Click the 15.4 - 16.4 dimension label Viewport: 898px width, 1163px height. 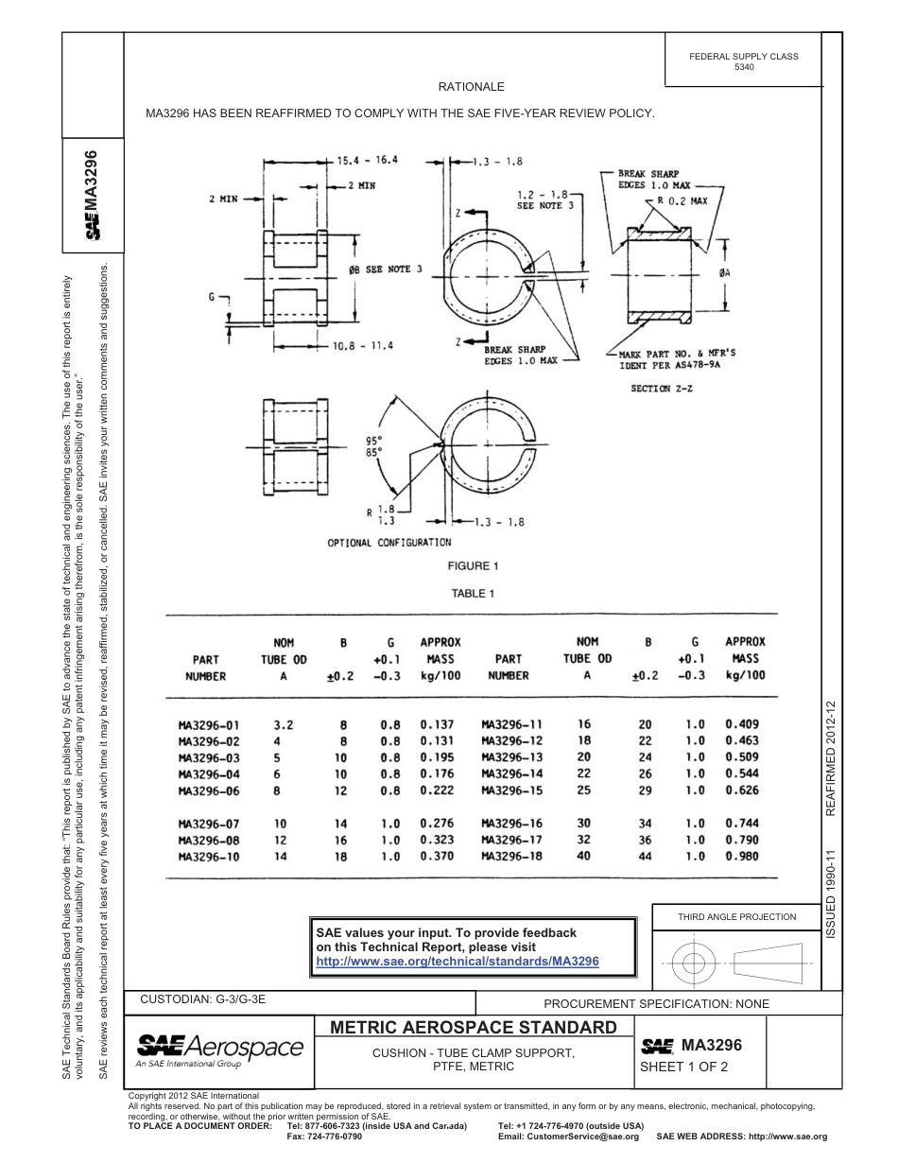(x=368, y=160)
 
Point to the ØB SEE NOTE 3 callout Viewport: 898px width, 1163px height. (x=386, y=269)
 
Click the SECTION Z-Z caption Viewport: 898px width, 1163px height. (x=661, y=388)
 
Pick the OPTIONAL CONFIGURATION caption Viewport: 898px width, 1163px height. (x=389, y=543)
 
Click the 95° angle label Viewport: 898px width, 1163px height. (x=373, y=440)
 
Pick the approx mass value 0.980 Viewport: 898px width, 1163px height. (x=742, y=857)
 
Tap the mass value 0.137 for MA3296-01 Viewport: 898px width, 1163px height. (x=437, y=725)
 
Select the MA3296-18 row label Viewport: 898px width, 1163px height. (x=512, y=857)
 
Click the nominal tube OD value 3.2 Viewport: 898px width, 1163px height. (x=284, y=725)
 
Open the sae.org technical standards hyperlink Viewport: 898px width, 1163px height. (x=457, y=961)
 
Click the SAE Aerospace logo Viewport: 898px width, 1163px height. (x=219, y=1050)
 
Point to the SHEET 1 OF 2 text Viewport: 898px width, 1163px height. (x=682, y=1068)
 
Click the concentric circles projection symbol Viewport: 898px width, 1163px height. (x=695, y=963)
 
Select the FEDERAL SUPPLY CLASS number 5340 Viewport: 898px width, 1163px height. (x=744, y=68)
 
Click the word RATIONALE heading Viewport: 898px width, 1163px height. (x=471, y=87)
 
